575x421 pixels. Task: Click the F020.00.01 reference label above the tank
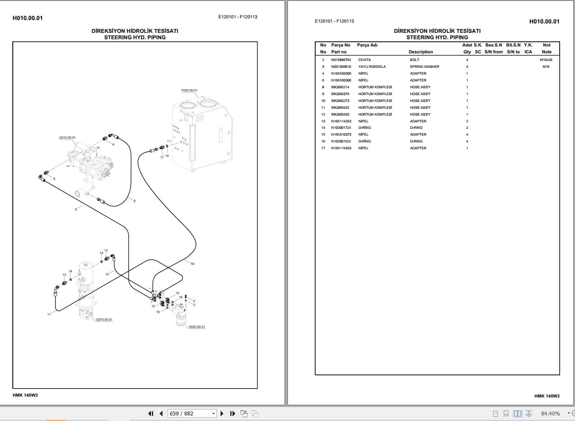pyautogui.click(x=189, y=90)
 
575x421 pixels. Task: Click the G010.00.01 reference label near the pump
pyautogui.click(x=67, y=138)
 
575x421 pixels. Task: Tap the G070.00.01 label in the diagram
pyautogui.click(x=104, y=319)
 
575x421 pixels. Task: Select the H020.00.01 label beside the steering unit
pyautogui.click(x=197, y=327)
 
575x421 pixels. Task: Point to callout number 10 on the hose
pyautogui.click(x=192, y=264)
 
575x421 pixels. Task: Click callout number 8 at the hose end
pyautogui.click(x=134, y=201)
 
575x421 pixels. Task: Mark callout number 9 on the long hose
pyautogui.click(x=76, y=209)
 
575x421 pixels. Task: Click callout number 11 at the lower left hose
pyautogui.click(x=49, y=314)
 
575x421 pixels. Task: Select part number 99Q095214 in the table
pyautogui.click(x=340, y=87)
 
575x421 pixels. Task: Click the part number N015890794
pyautogui.click(x=341, y=60)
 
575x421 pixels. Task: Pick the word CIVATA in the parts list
pyautogui.click(x=364, y=60)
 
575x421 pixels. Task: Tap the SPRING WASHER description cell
pyautogui.click(x=424, y=67)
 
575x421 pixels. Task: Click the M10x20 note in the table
pyautogui.click(x=546, y=60)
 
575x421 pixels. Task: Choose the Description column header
pyautogui.click(x=421, y=52)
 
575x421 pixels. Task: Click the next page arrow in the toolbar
pyautogui.click(x=222, y=413)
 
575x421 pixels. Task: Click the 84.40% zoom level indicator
pyautogui.click(x=550, y=413)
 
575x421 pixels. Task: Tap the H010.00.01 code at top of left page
pyautogui.click(x=28, y=18)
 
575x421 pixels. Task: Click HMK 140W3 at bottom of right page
pyautogui.click(x=547, y=396)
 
